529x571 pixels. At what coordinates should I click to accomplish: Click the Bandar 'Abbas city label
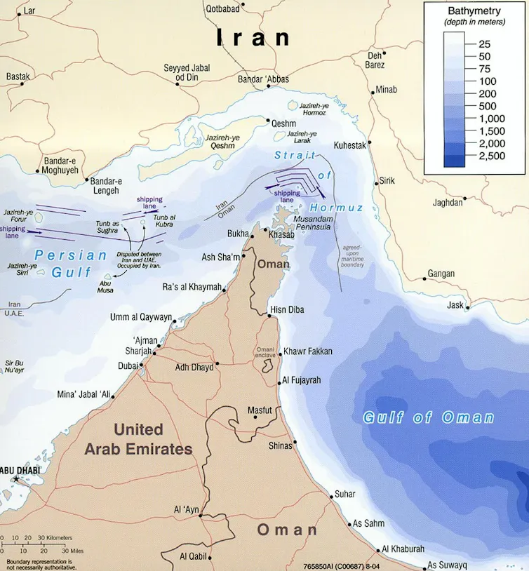[263, 79]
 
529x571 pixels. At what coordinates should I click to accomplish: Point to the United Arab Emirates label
[138, 439]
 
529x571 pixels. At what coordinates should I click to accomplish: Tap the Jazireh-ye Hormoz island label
[319, 109]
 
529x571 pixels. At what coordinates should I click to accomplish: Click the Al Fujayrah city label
[302, 381]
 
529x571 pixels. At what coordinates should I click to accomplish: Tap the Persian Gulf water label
[72, 263]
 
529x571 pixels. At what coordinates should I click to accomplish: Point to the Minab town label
[386, 89]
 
